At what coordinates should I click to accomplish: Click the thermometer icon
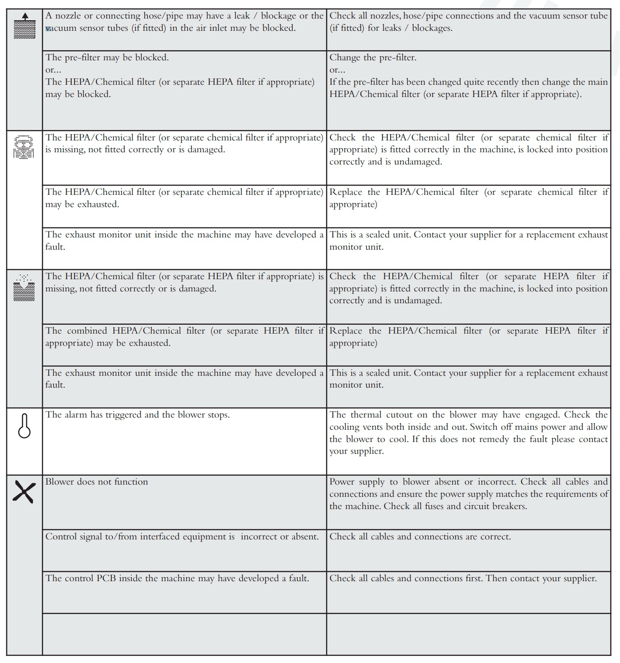click(24, 426)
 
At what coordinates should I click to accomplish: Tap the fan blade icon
click(24, 492)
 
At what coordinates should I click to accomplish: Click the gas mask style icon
click(24, 147)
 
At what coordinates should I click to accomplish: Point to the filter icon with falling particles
click(24, 288)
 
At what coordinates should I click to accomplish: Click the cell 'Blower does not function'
click(184, 502)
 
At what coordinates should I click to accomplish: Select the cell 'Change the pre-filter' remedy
click(468, 90)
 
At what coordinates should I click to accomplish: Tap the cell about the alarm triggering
click(184, 441)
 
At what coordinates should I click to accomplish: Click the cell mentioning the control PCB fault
click(184, 592)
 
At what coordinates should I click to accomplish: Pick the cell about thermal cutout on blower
click(468, 441)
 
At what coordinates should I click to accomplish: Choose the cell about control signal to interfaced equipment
click(184, 550)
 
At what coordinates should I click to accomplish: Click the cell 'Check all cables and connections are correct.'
click(468, 550)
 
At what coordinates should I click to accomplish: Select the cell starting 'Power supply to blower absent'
click(468, 502)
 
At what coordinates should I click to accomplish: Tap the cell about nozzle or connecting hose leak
click(184, 30)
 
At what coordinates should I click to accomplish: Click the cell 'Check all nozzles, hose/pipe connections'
click(468, 30)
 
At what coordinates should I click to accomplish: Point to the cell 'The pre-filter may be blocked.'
click(184, 90)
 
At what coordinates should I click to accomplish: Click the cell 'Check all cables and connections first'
click(468, 592)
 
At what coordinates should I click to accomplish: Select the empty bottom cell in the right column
click(468, 634)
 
